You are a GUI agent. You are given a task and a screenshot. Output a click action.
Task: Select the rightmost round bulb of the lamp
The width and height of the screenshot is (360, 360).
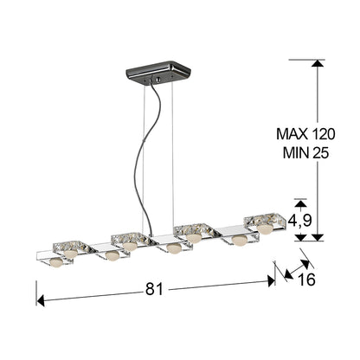click(264, 230)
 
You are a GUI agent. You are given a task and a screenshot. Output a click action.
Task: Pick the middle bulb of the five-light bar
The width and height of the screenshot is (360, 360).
click(174, 248)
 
